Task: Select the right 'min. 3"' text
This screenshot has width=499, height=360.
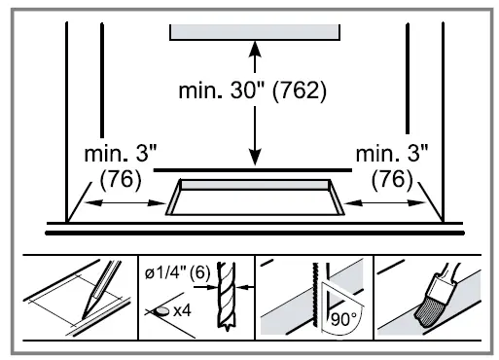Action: pyautogui.click(x=391, y=156)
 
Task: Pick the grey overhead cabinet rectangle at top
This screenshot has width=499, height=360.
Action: pyautogui.click(x=255, y=31)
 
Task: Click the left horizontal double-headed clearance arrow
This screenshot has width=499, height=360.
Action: pyautogui.click(x=124, y=203)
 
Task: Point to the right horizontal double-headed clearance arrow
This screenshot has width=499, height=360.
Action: pyautogui.click(x=386, y=203)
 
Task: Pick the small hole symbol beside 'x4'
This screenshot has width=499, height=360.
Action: pyautogui.click(x=157, y=311)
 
